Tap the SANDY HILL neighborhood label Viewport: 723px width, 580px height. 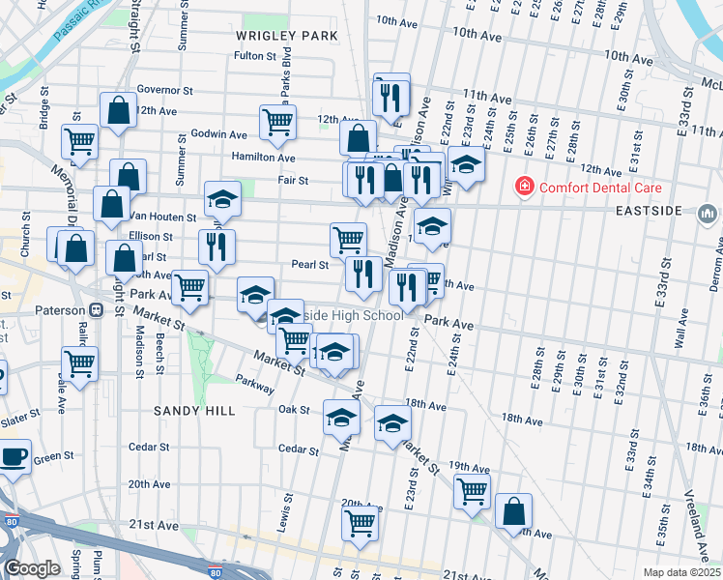pos(194,411)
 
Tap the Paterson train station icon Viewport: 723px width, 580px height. pos(97,310)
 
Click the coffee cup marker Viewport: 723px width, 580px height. pos(14,456)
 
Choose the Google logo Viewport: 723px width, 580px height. pos(32,568)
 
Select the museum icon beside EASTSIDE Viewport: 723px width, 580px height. pos(708,212)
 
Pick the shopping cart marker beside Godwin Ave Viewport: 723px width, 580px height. pos(277,121)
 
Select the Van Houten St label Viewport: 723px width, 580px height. pos(163,217)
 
